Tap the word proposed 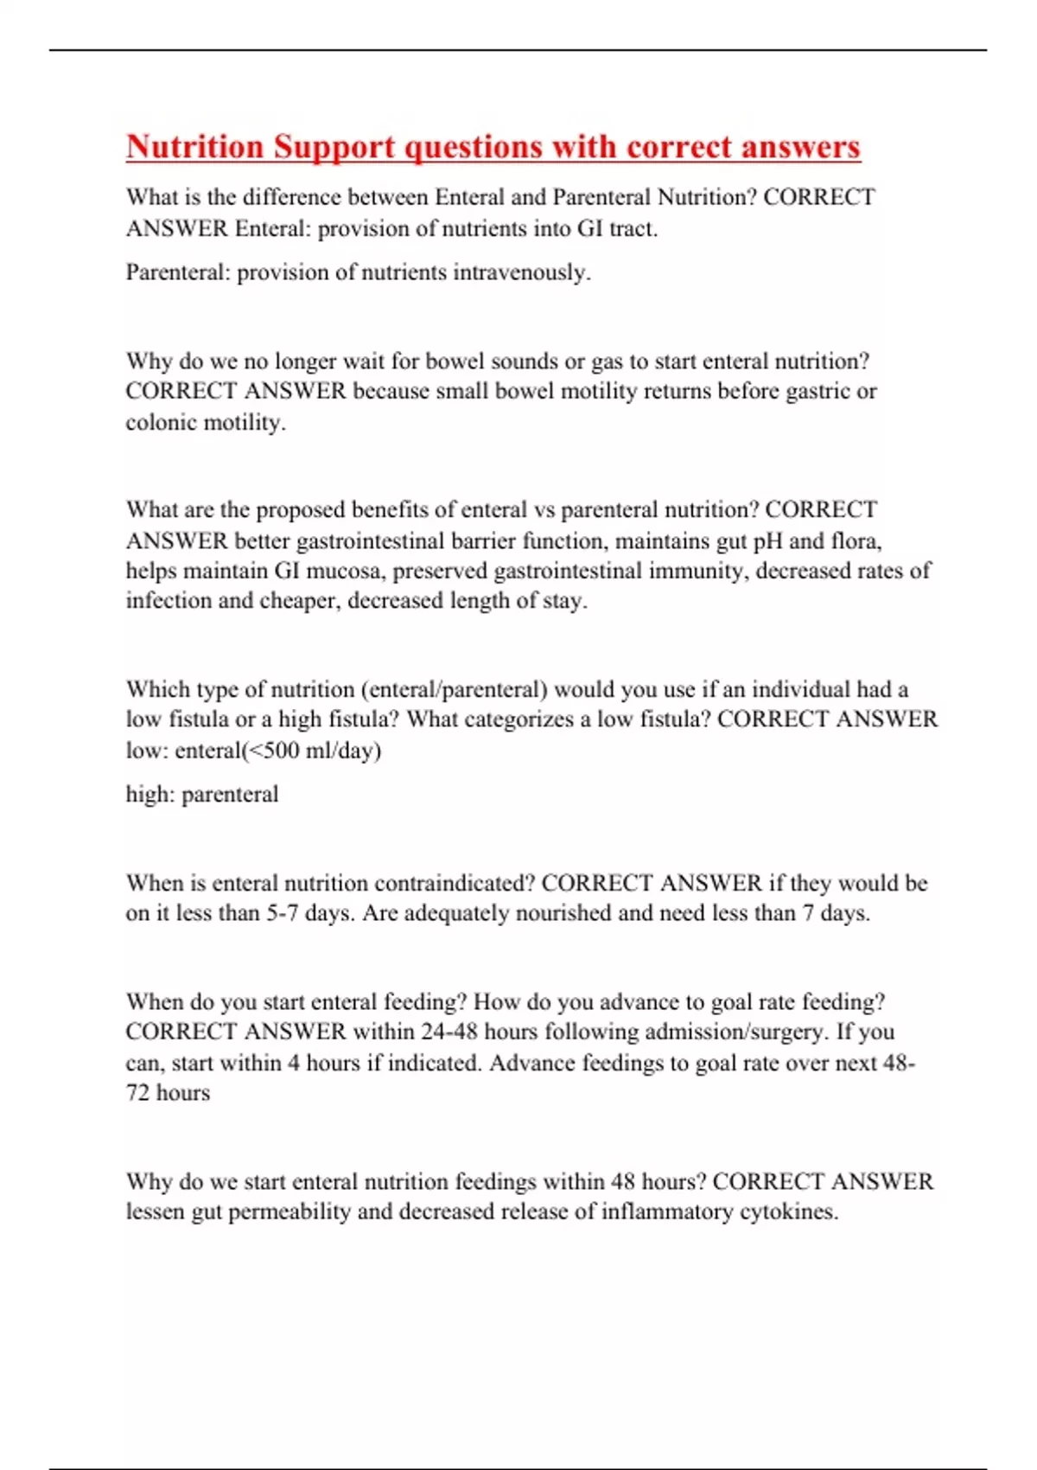301,510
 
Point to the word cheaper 293,601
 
